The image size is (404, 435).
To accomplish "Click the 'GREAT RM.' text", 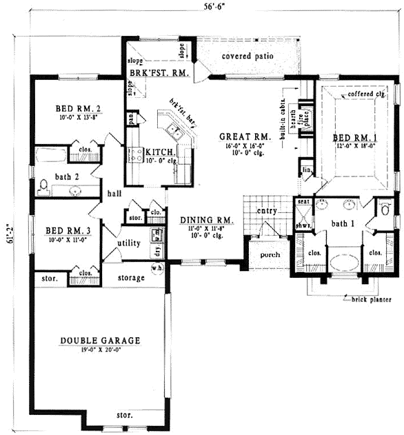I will [x=234, y=136].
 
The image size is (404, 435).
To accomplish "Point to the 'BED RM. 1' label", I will [x=356, y=137].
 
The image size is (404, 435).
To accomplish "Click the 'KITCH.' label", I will [x=159, y=152].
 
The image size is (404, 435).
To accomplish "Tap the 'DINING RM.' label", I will [x=207, y=221].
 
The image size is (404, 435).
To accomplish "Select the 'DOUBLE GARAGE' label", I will [x=100, y=341].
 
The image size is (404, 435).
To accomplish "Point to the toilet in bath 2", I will [x=43, y=186].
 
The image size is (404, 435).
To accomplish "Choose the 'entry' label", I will [x=266, y=211].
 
